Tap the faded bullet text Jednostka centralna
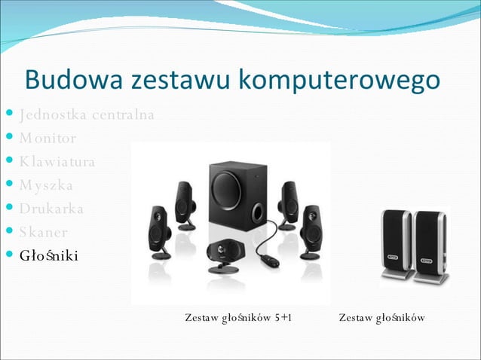(x=87, y=115)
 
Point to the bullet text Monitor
(x=47, y=139)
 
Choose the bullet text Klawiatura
(x=58, y=162)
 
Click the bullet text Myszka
(x=47, y=185)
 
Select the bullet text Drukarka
(x=52, y=209)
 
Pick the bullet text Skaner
(x=44, y=232)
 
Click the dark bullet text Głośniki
(x=49, y=255)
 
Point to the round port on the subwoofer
(x=257, y=211)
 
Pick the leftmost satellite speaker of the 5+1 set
(x=159, y=233)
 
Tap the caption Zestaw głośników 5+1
(x=238, y=318)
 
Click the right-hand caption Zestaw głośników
(x=381, y=318)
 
